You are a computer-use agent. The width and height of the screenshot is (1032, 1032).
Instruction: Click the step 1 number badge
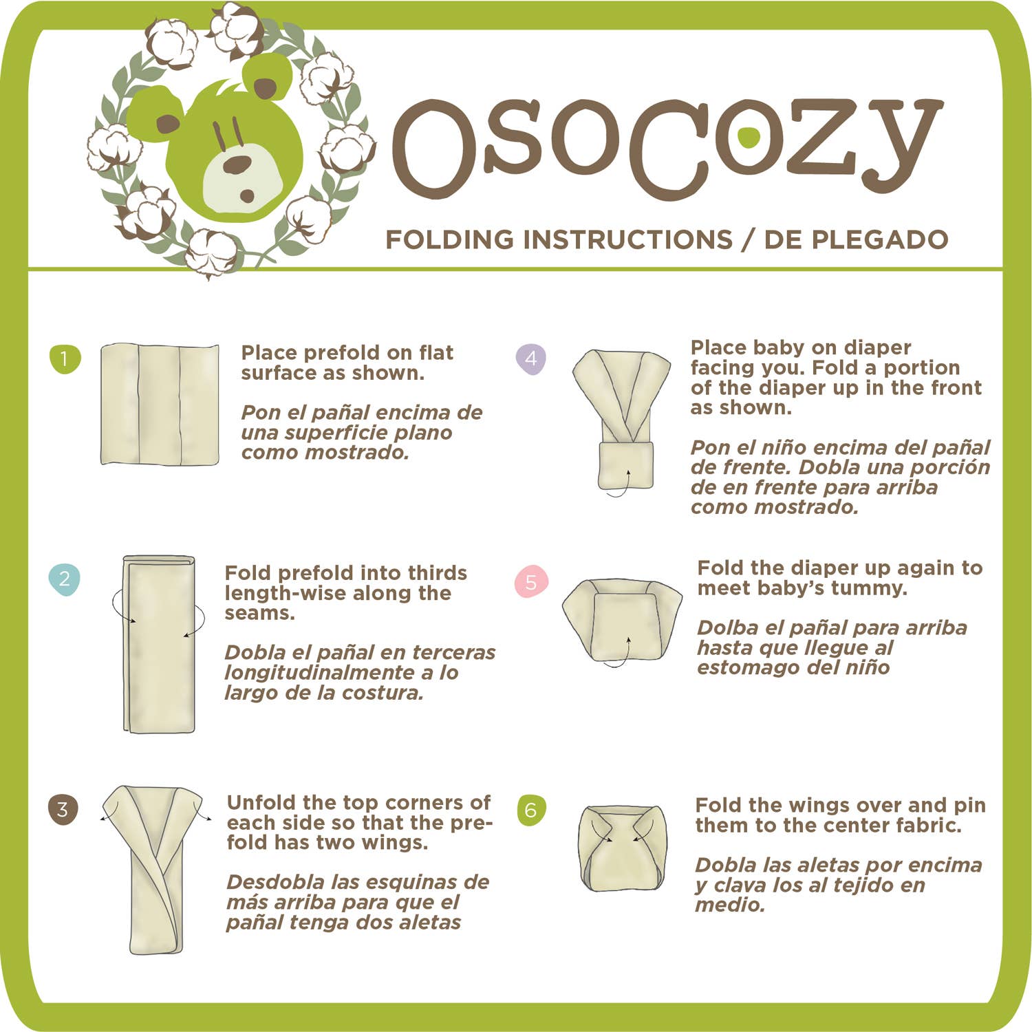(x=65, y=358)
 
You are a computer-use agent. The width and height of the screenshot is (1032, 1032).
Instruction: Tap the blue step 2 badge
(x=65, y=579)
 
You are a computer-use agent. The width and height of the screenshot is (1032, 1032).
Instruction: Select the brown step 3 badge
(x=63, y=809)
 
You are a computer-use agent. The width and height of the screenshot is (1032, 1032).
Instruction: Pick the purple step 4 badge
(x=530, y=358)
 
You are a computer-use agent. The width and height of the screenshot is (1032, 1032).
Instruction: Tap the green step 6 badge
(x=530, y=810)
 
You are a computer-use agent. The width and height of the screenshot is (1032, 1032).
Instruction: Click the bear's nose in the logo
(x=237, y=165)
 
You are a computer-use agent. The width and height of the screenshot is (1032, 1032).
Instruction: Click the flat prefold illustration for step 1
(x=160, y=405)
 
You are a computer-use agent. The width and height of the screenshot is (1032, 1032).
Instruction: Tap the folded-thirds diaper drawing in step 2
(x=159, y=644)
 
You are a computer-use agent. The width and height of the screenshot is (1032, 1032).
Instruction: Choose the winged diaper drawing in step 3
(x=153, y=868)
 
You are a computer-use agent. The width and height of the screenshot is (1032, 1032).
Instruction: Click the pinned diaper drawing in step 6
(x=622, y=848)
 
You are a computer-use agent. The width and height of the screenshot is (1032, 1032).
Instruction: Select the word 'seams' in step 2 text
(x=258, y=614)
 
